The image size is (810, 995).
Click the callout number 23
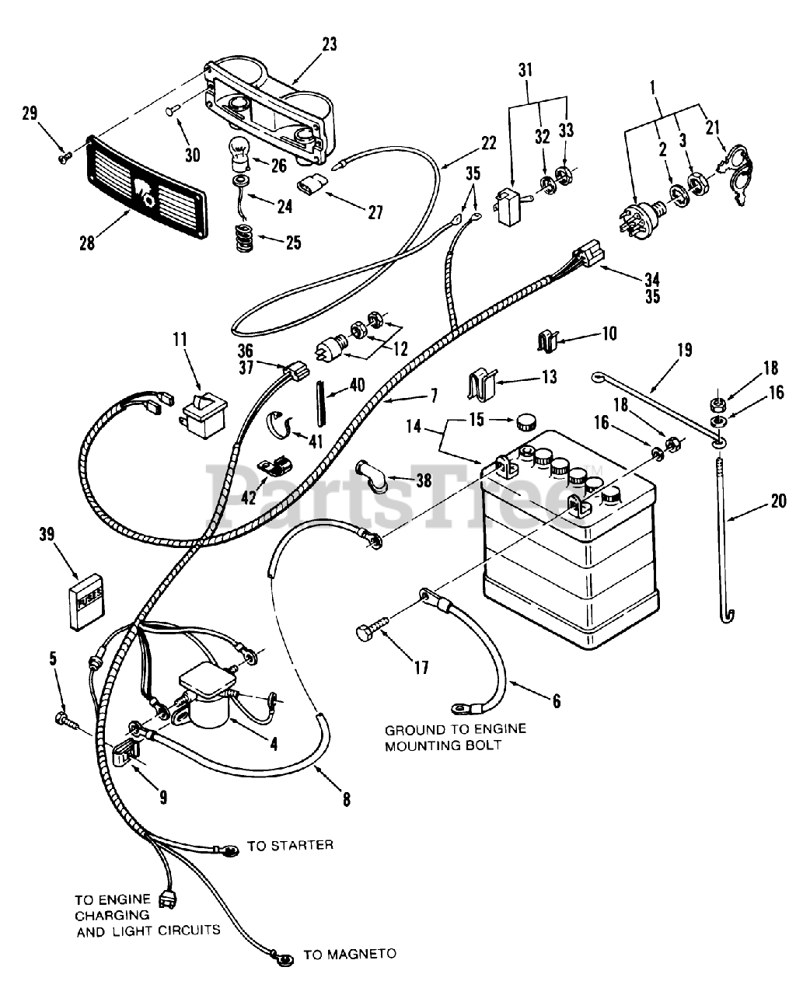[330, 44]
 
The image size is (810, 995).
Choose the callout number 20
[777, 501]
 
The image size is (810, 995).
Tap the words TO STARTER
[290, 845]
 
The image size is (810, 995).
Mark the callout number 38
[423, 480]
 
